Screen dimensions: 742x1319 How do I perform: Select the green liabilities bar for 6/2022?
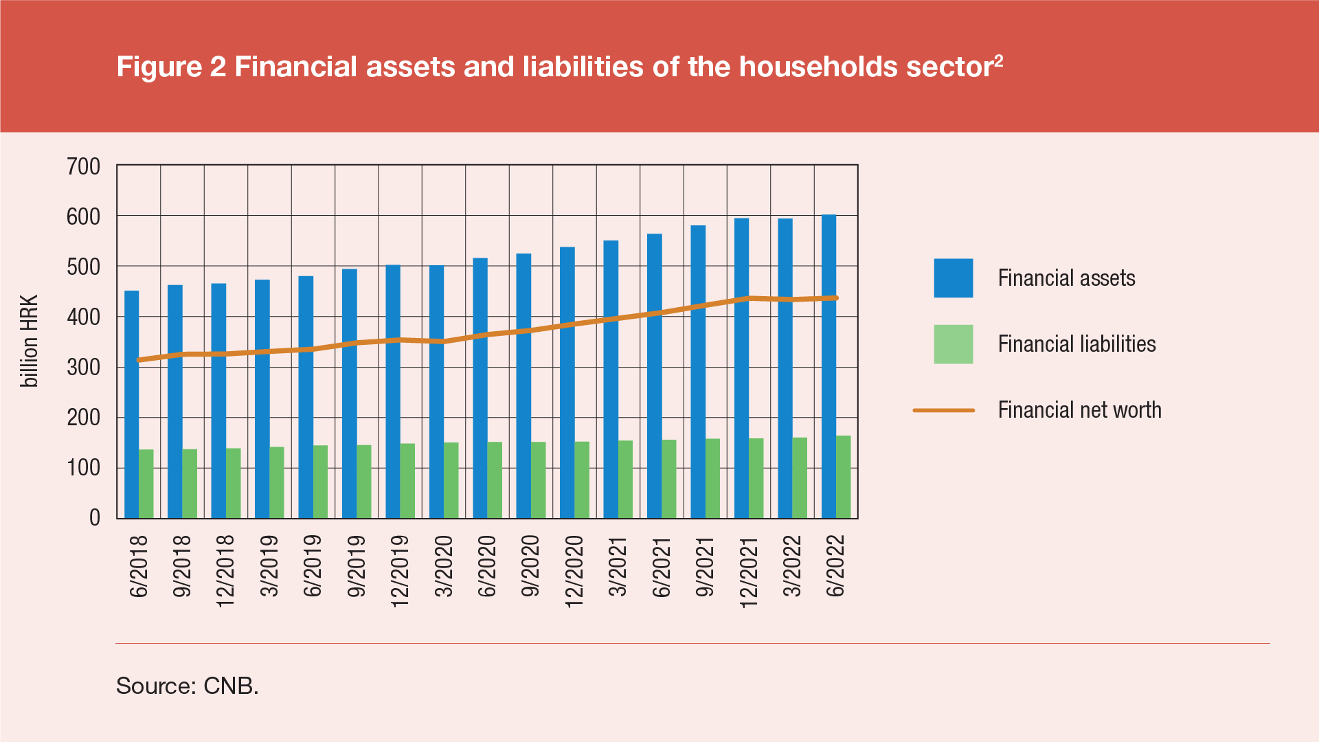coord(843,477)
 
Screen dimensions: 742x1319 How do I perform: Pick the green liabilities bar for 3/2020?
coord(451,480)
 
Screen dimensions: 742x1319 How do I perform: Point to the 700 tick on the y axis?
coord(84,166)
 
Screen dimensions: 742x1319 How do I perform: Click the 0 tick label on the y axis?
coord(95,518)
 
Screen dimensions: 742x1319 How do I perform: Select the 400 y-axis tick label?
coord(84,317)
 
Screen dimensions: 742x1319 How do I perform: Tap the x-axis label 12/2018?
coord(225,570)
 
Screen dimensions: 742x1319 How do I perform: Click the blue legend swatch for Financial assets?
coord(953,278)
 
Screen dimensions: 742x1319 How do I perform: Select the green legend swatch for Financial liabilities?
coord(953,344)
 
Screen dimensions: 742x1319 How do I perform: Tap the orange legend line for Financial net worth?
coord(943,410)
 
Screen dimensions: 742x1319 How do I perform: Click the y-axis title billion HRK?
coord(30,341)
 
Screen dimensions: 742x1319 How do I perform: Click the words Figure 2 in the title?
coord(171,67)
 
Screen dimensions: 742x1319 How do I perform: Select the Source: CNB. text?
coord(187,686)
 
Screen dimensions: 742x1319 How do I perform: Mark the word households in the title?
coord(818,67)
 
